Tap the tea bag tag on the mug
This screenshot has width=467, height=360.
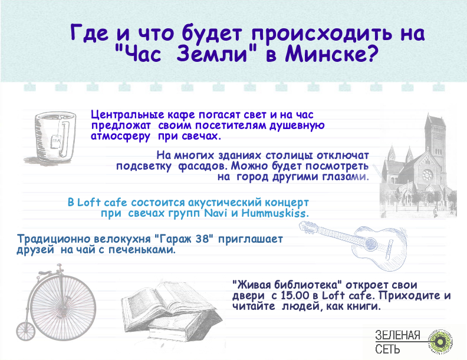(56, 140)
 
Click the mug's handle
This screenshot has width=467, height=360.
(67, 137)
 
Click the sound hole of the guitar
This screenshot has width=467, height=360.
(371, 243)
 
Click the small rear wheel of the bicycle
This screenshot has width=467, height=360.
(25, 331)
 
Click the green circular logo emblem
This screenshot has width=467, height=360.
(440, 342)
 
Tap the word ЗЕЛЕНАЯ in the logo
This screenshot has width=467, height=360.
(397, 335)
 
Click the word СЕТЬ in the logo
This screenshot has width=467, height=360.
(387, 349)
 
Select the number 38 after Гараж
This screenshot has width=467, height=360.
(205, 239)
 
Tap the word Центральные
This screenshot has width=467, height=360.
(127, 114)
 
